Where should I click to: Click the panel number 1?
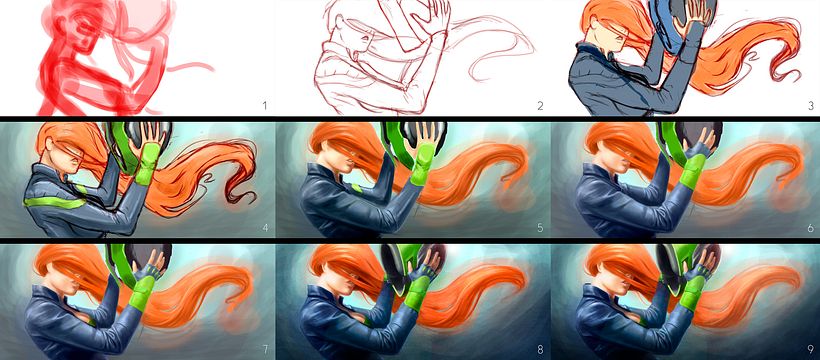click(x=265, y=106)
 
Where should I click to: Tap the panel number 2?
click(x=540, y=106)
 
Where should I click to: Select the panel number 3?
click(x=811, y=106)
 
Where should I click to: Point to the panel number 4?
click(x=265, y=228)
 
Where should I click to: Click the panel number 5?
click(x=540, y=228)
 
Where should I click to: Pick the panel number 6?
click(x=811, y=228)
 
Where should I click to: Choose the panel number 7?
click(x=265, y=349)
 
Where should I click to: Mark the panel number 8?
click(x=540, y=349)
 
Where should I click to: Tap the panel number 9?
click(x=811, y=349)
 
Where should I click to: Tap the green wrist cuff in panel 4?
click(x=146, y=165)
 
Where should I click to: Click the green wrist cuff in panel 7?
click(x=140, y=294)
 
